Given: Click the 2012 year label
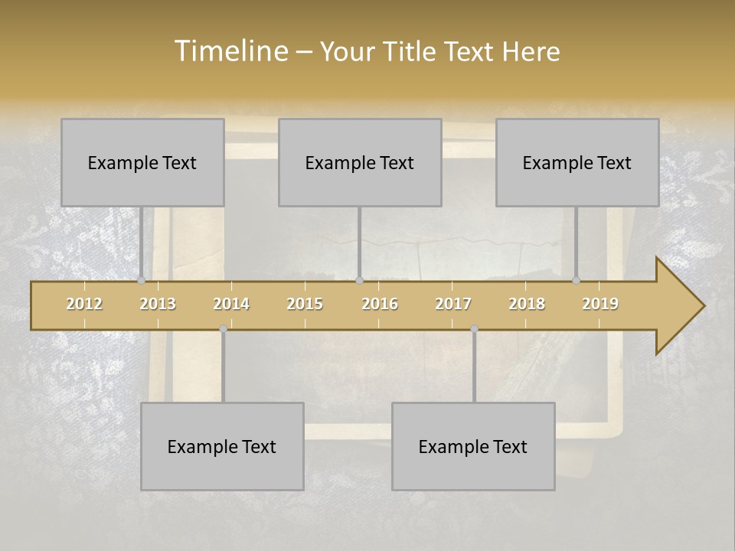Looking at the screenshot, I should coord(84,304).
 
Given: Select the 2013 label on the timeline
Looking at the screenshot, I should coord(158,304).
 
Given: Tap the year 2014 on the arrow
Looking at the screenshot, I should coord(231,304).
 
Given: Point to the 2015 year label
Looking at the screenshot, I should coord(305,304).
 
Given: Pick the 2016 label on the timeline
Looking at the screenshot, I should coord(380,304).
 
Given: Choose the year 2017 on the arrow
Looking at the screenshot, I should coord(453,304).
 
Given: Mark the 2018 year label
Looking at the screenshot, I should coord(527,304).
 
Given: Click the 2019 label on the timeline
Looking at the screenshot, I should coord(600,304).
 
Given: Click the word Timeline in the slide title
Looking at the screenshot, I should coord(230,51).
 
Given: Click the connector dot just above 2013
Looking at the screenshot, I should coord(141,280).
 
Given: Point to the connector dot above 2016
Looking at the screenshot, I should coord(359,280).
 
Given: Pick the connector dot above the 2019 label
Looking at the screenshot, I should coord(576,280).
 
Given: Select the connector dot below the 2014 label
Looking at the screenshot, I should coord(223,329).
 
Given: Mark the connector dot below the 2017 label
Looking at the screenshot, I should coord(474,329).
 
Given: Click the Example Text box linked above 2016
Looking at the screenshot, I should coord(360,162).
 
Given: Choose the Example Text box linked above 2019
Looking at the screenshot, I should coord(577,162).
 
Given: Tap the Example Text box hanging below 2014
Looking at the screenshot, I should coord(222,446).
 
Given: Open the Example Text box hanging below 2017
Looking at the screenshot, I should coord(473,446).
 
